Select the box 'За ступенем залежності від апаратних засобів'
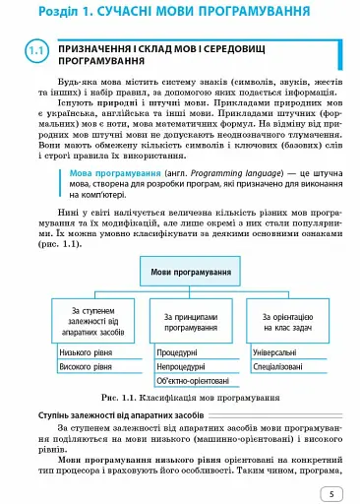(x=90, y=320)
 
